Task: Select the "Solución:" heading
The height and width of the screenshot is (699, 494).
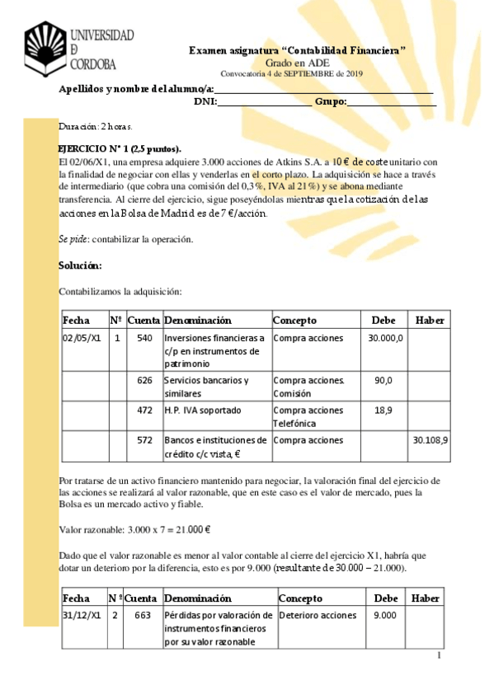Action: tap(80, 265)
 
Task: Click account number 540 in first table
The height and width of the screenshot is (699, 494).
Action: tap(144, 338)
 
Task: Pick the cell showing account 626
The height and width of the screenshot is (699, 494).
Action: tap(144, 380)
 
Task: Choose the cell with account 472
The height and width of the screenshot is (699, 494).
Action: tap(144, 410)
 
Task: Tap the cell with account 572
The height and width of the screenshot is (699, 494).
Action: tap(144, 440)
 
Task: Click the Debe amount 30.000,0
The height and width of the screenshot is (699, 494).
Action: tap(385, 338)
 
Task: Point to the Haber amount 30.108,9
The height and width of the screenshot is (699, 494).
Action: tap(429, 440)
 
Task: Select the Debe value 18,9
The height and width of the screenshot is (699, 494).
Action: tap(383, 410)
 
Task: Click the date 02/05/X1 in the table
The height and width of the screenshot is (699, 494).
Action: tap(82, 338)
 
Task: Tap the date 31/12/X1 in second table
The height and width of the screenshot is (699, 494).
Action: tap(82, 615)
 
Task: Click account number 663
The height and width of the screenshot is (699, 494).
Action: tap(143, 615)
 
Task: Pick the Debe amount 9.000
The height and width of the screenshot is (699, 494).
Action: tap(384, 615)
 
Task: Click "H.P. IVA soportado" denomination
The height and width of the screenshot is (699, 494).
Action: tap(202, 410)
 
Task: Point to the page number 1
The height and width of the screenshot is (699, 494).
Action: tap(440, 655)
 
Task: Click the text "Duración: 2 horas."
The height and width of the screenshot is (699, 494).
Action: tap(96, 127)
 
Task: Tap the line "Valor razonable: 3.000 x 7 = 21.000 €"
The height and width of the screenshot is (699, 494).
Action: tap(135, 530)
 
